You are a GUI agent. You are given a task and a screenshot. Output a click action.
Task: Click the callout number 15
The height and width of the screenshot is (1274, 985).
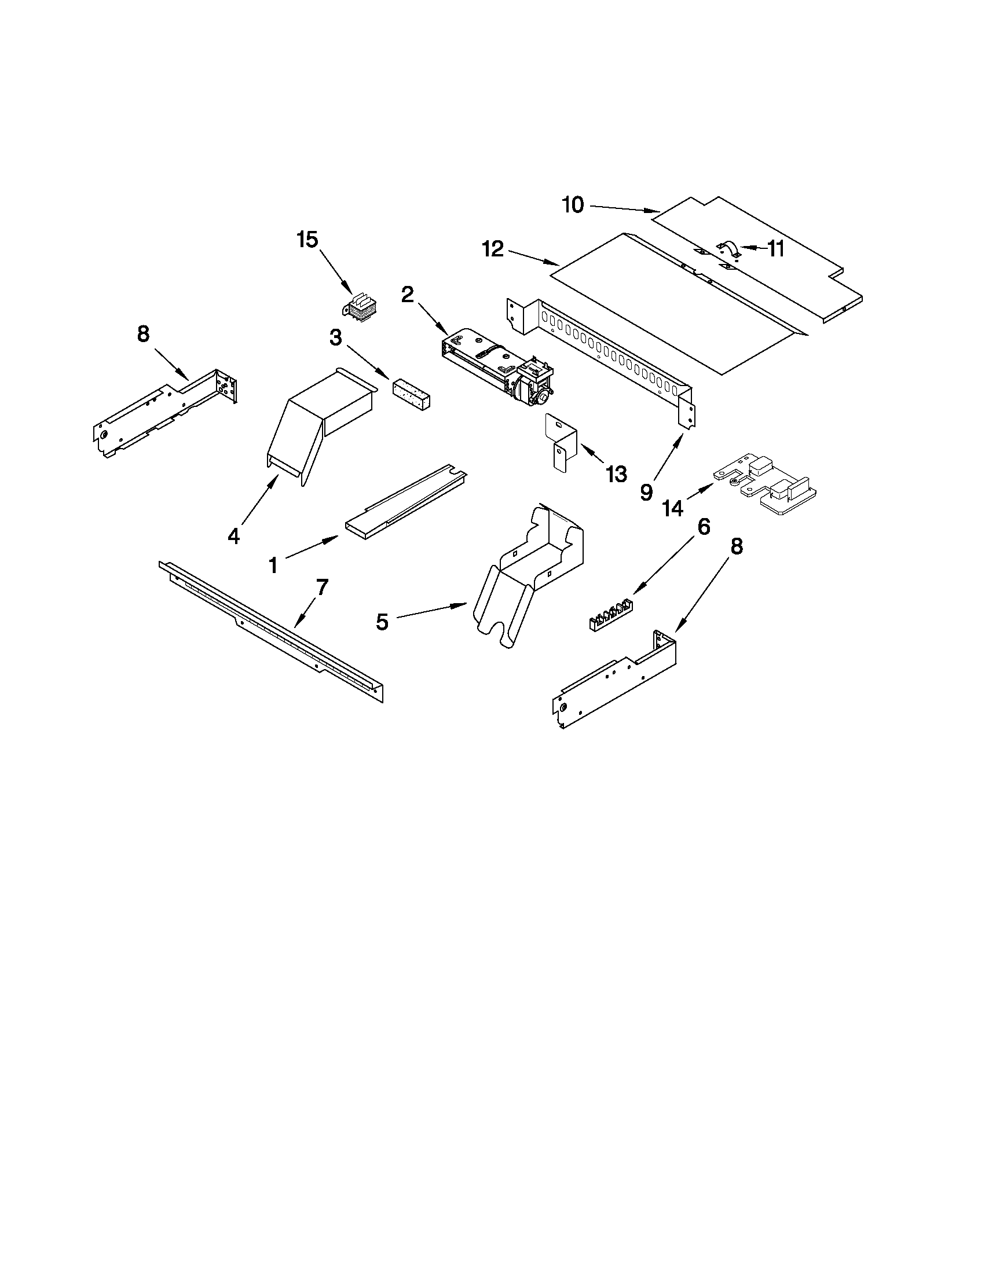[307, 239]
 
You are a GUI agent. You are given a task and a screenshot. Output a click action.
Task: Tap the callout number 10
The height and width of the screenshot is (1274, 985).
[573, 205]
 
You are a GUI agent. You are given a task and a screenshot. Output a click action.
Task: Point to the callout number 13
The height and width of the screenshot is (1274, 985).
[616, 473]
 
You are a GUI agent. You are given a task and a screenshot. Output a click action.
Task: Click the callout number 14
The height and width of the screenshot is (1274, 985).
[672, 508]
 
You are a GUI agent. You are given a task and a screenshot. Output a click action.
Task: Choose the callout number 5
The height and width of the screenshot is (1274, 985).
[382, 622]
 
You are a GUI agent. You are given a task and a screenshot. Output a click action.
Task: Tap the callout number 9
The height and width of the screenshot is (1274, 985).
[646, 492]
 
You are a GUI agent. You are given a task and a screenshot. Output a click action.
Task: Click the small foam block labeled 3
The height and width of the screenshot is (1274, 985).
[412, 395]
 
